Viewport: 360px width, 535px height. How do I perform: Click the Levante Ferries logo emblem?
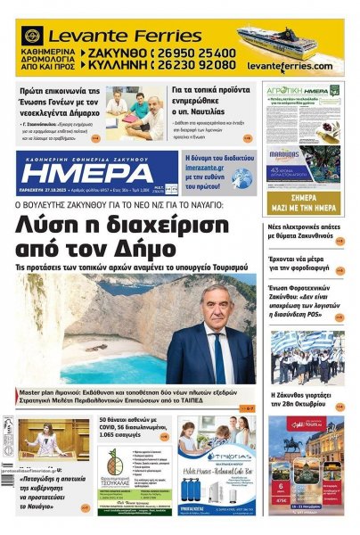coord(33,37)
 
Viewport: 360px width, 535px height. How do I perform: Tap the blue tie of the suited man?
coord(218,357)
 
